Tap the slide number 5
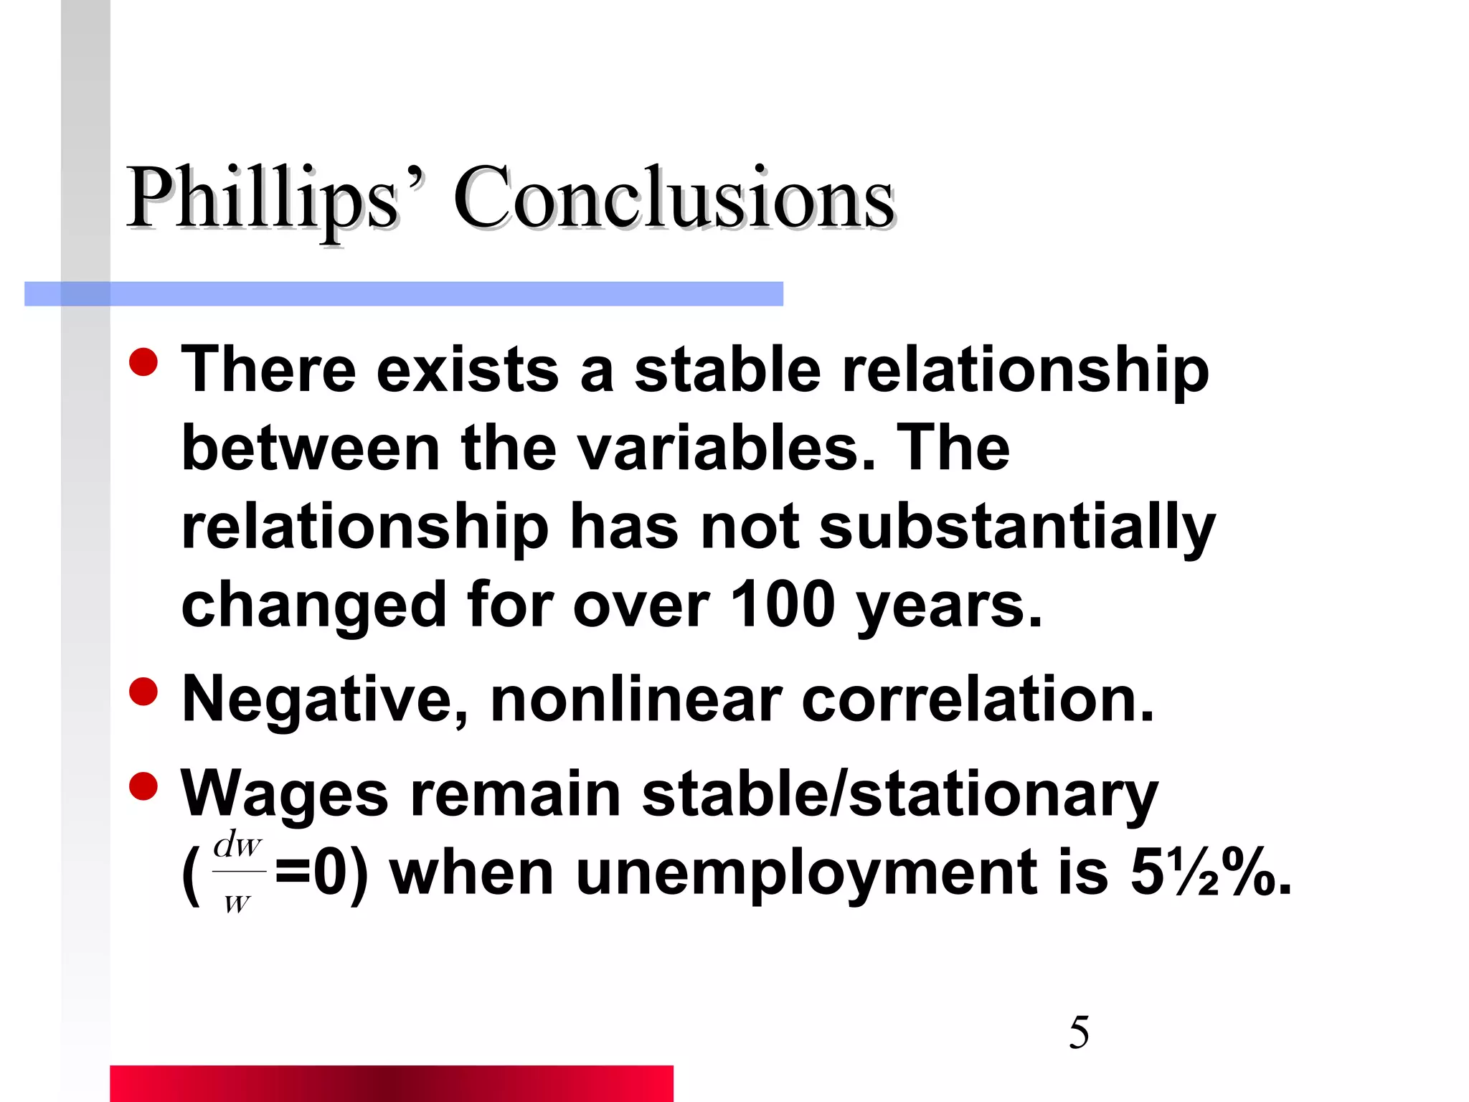coord(1079,1033)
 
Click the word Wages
coord(284,795)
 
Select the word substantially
coord(1017,527)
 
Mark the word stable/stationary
coord(899,795)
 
